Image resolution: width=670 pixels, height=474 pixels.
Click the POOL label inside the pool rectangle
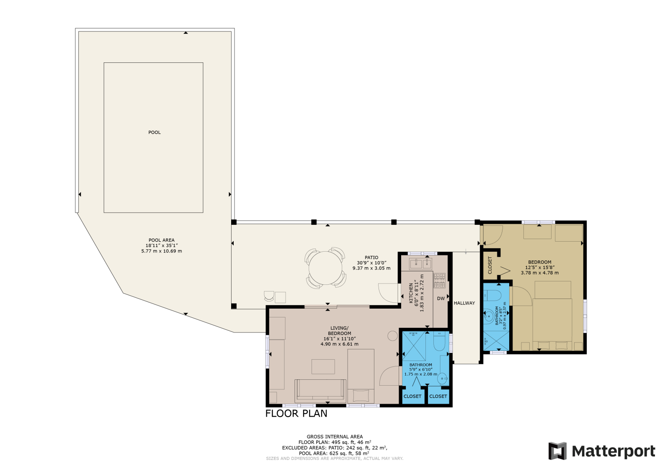point(155,132)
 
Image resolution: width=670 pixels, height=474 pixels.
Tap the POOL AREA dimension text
point(162,248)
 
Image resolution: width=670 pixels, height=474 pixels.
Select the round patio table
point(325,268)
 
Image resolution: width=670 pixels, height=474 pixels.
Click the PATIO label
point(371,258)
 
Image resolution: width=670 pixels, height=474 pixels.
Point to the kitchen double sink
point(420,263)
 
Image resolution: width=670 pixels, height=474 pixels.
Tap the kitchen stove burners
point(439,281)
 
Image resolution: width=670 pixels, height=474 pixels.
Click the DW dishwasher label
point(441,299)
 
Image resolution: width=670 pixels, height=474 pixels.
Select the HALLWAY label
point(464,303)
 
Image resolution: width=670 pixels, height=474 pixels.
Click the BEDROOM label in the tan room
point(540,262)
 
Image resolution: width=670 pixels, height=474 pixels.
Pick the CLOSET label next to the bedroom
point(490,265)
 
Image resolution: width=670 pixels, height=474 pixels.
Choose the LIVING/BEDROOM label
point(340,331)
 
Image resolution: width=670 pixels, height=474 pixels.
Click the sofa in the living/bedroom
point(320,391)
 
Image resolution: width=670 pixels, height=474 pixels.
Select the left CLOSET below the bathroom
point(412,396)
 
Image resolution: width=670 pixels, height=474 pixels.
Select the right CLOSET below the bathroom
point(438,396)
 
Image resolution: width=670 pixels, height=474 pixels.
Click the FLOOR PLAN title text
point(296,414)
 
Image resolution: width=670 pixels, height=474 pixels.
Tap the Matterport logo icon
point(557,451)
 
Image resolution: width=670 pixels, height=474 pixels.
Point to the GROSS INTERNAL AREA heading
point(335,437)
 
